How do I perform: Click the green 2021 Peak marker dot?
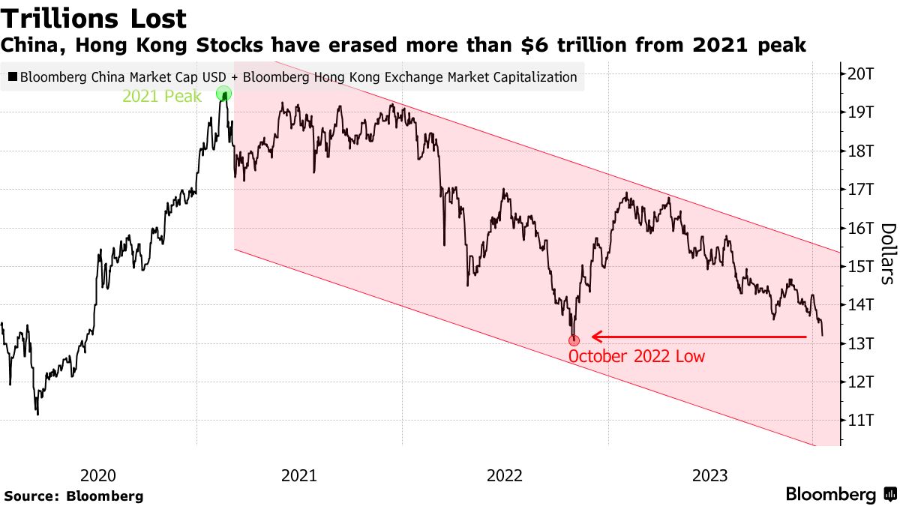click(223, 94)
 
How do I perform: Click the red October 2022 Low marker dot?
click(574, 340)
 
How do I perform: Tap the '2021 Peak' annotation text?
click(162, 96)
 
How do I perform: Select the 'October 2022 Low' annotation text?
click(636, 357)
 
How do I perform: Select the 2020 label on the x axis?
click(97, 475)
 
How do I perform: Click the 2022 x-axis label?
click(505, 475)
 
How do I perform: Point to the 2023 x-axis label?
click(710, 475)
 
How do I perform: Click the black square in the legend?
click(13, 76)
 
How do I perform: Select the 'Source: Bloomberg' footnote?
click(73, 496)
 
